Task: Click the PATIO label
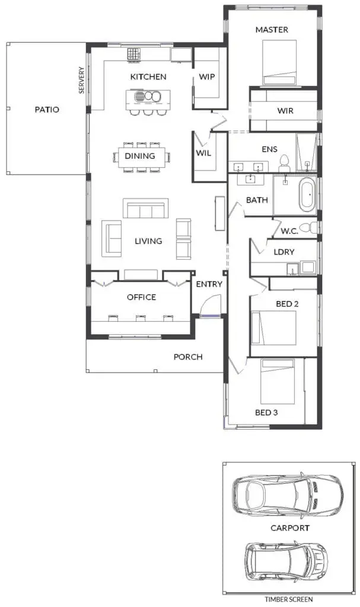pos(47,110)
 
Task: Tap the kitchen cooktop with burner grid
pos(133,54)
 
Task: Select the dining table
pos(142,156)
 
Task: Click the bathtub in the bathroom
pos(307,194)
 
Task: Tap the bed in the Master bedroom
pos(279,62)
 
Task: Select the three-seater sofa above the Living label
pos(146,208)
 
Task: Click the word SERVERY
pos(81,80)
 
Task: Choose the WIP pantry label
pos(206,76)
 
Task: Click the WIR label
pos(285,111)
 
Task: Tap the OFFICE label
pos(141,298)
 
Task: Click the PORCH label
pos(188,357)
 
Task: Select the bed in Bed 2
pos(274,327)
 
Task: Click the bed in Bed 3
pos(278,381)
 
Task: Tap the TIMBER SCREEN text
pos(289,599)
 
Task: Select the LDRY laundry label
pos(284,252)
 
